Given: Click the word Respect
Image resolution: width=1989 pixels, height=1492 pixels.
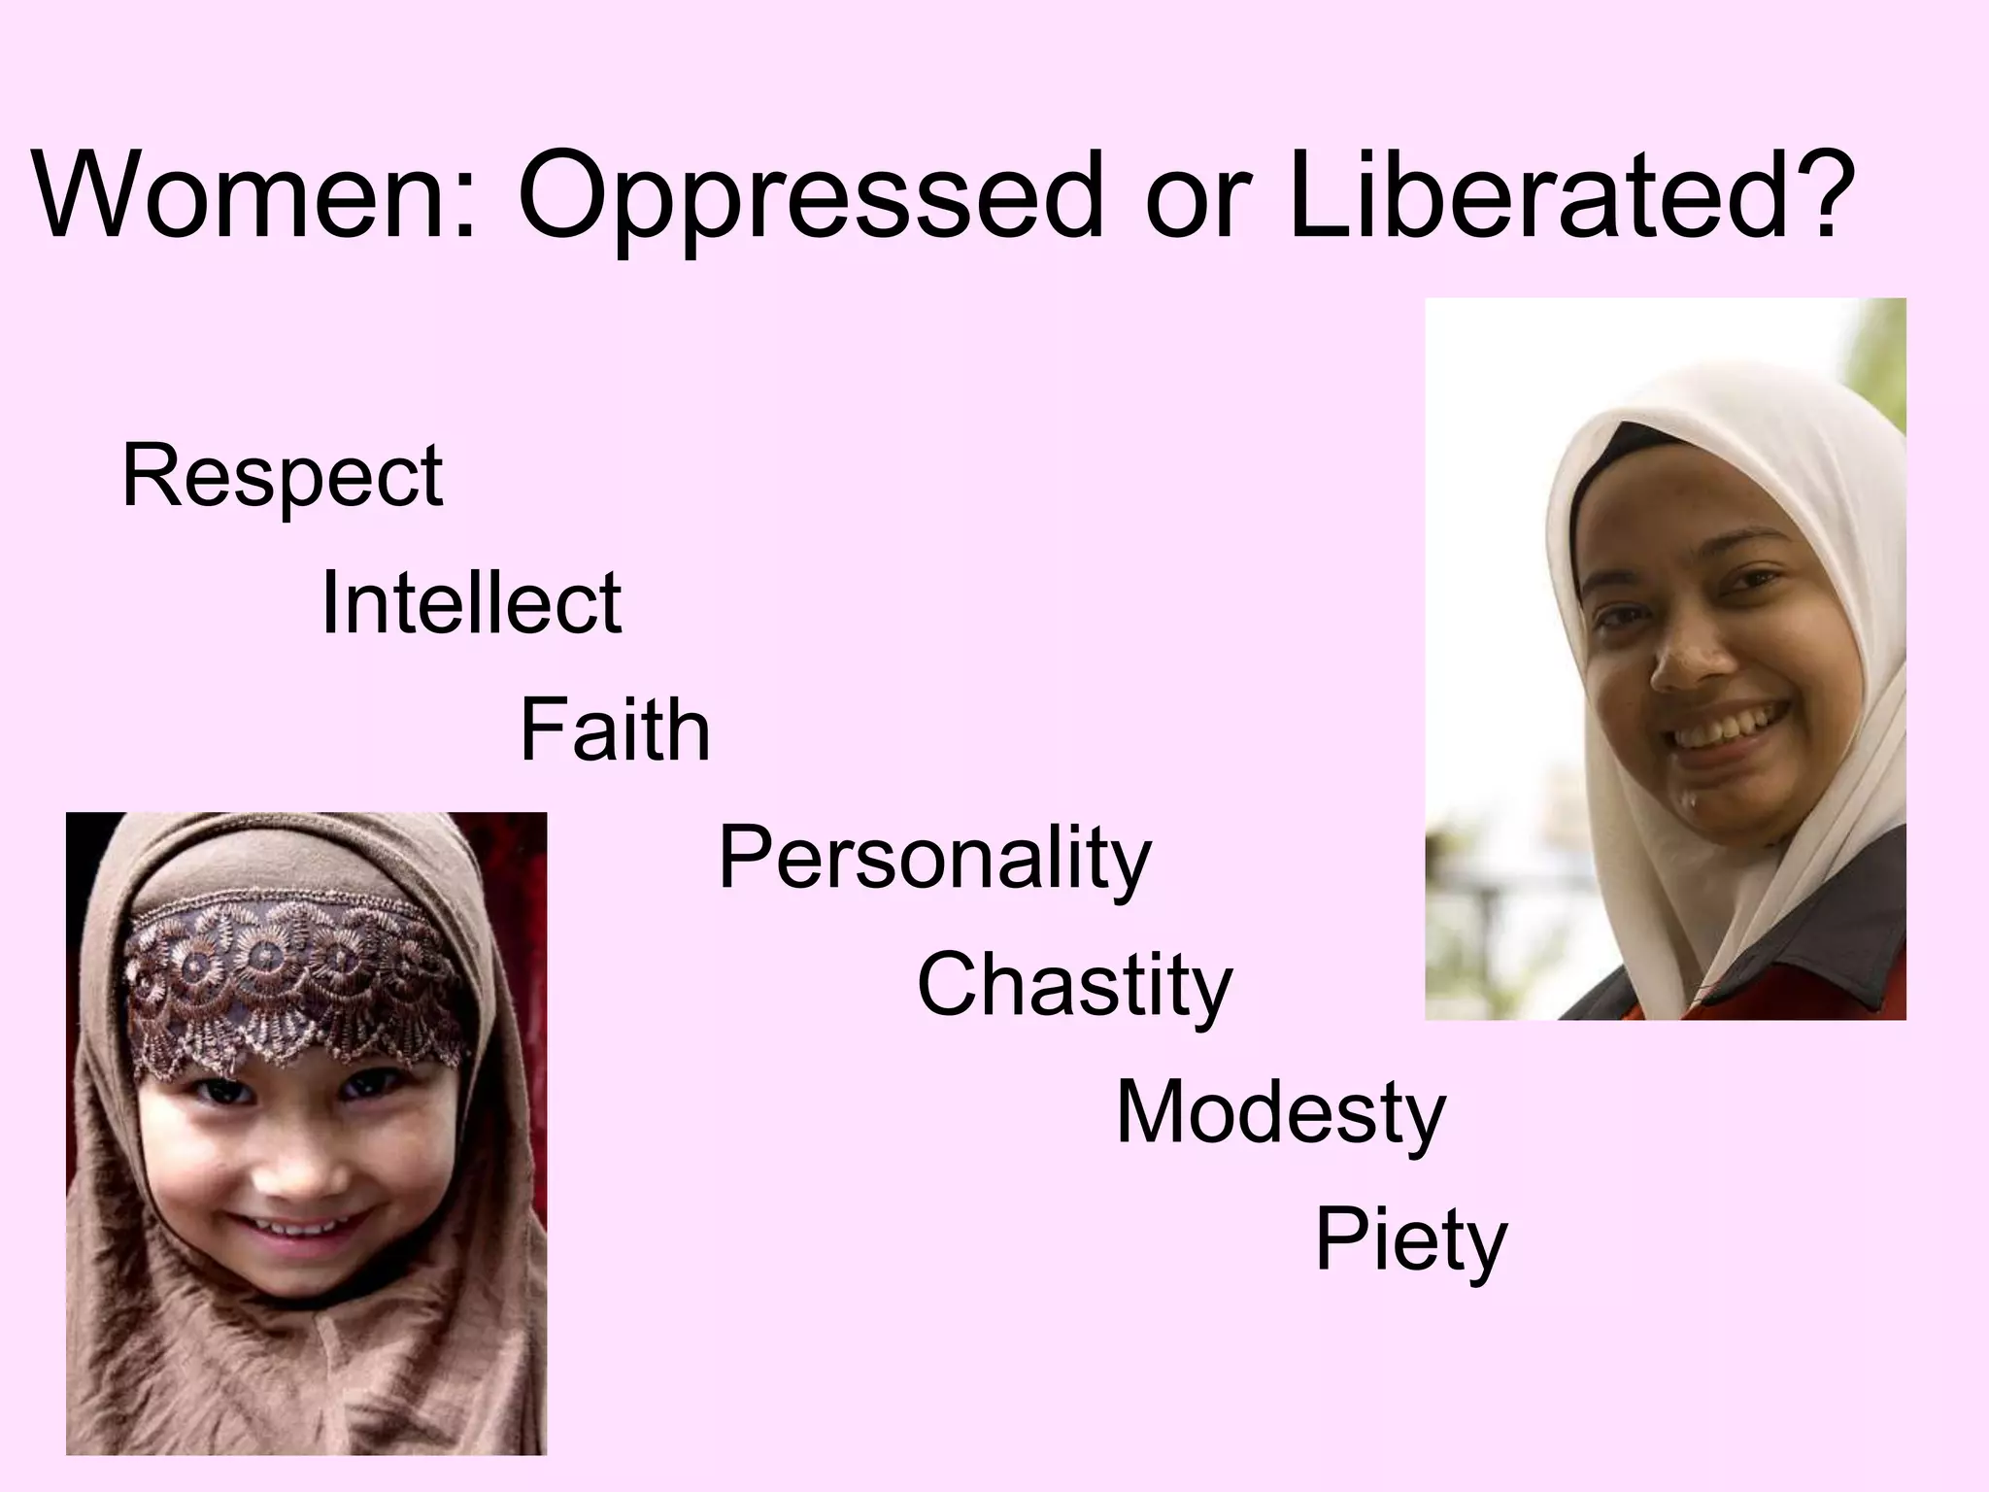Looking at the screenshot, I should click(282, 479).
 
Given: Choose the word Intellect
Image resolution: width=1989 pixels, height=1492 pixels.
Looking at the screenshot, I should click(471, 604).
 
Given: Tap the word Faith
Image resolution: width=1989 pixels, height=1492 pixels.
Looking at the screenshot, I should click(615, 730).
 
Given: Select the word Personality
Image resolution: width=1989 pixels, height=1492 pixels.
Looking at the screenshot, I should click(933, 861).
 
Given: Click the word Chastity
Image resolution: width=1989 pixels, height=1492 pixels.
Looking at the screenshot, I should click(1074, 987).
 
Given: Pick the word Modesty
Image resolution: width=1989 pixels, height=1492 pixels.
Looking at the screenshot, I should click(1280, 1114).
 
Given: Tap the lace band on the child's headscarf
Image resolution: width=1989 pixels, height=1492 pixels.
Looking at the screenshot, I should click(291, 971).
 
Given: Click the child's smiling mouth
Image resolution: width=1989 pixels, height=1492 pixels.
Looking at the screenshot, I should click(291, 1227).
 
